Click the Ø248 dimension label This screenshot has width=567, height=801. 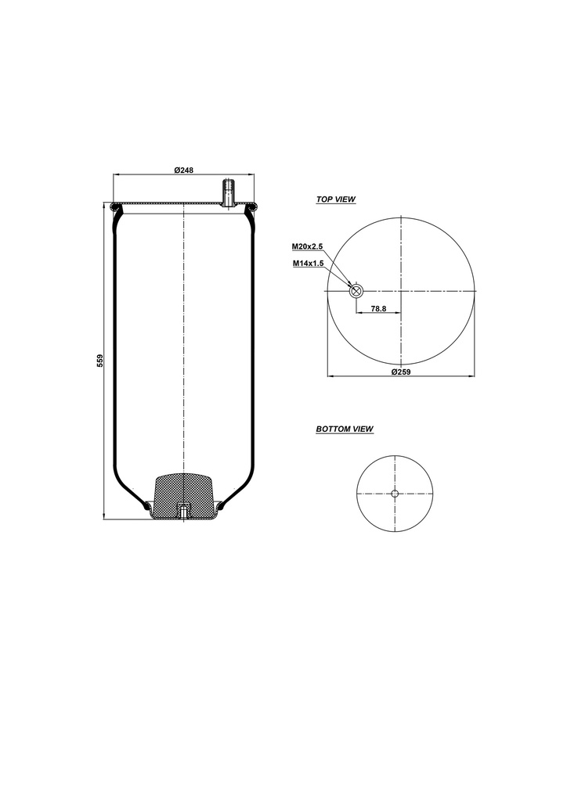pos(184,171)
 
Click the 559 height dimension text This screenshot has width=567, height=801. pos(99,361)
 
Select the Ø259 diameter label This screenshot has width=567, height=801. pos(401,372)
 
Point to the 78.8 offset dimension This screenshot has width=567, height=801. pos(378,309)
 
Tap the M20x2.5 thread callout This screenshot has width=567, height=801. pos(308,246)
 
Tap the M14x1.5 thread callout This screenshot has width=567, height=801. pos(309,264)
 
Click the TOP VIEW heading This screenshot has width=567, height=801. pos(335,199)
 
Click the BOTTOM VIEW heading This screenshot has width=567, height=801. pos(344,429)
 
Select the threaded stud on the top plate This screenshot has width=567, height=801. pos(229,192)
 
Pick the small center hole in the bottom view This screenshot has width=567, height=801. pos(395,493)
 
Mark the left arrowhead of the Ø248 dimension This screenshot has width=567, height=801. pos(117,175)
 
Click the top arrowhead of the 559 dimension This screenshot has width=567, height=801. pos(106,206)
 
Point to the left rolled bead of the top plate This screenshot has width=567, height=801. pos(117,207)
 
